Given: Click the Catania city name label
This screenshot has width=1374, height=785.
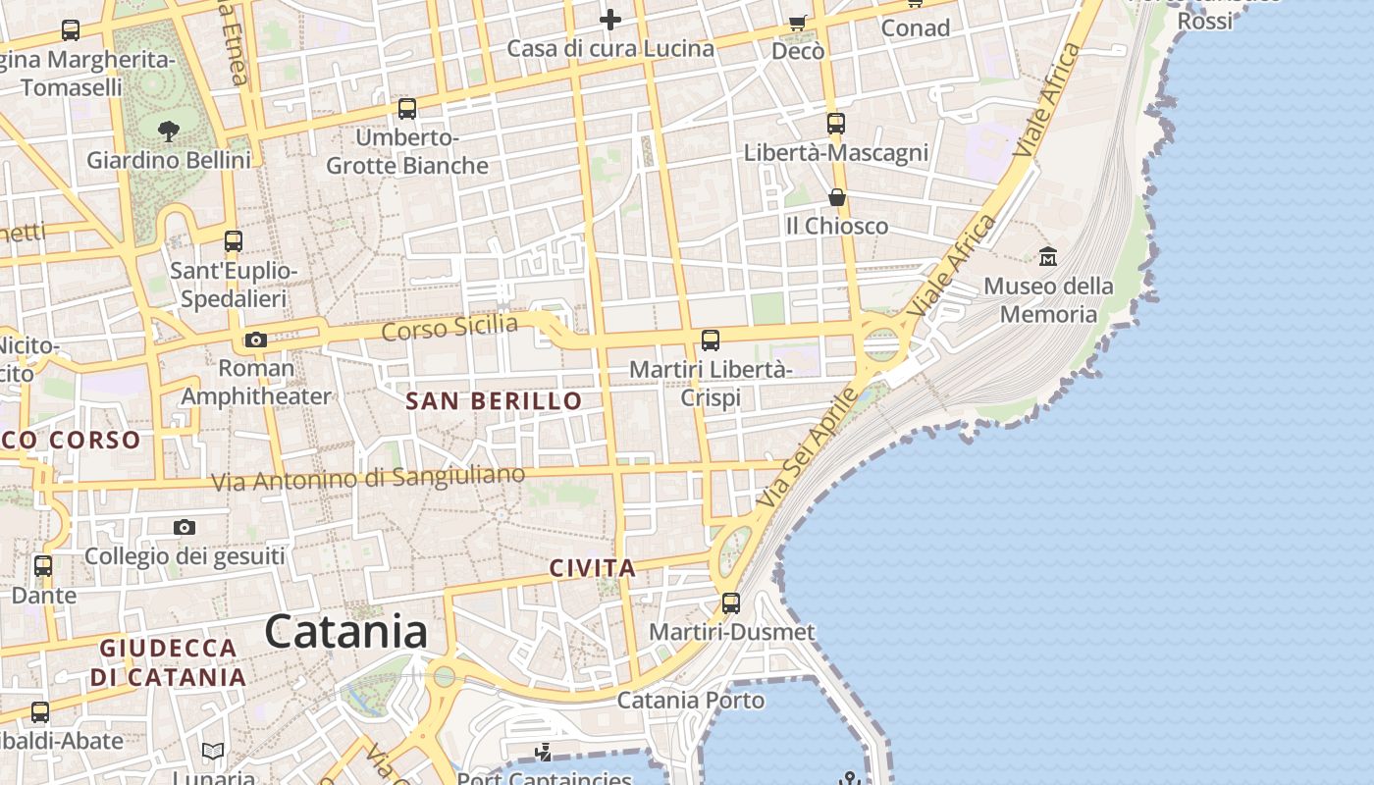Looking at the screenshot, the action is coord(345,631).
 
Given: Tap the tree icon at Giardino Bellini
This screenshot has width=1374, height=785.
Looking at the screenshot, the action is coord(168,131).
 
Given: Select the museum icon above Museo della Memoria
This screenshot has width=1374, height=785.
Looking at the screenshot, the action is coord(1048,257).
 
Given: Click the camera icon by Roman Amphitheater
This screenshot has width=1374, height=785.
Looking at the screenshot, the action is coord(255,340).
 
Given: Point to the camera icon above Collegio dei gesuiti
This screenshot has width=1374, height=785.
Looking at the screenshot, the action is coord(184,528).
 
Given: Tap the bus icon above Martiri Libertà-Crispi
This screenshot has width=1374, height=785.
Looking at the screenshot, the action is coord(710,340).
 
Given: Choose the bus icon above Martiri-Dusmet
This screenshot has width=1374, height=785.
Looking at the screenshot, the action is coord(730,602).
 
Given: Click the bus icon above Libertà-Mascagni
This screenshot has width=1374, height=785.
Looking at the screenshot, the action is coord(835,124).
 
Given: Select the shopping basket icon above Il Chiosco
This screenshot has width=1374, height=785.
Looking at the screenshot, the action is coord(836,198).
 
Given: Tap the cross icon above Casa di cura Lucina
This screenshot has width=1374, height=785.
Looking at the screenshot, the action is coord(610,20).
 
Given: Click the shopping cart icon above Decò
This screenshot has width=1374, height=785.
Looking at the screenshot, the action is coord(798,23).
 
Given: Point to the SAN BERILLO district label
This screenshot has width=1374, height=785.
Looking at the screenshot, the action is coord(494,400).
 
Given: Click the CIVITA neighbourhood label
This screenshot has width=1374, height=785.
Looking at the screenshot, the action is coord(593,567).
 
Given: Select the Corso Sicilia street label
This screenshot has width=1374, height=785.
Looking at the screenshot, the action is coord(449,328).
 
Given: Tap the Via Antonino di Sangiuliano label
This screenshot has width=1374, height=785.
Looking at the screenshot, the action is coord(369,479).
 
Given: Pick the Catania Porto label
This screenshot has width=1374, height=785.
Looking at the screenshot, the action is coord(690,700).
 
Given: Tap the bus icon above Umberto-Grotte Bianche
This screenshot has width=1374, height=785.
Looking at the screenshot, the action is coord(406,109).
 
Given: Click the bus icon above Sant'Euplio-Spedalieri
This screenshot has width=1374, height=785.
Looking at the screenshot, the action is coord(233,241).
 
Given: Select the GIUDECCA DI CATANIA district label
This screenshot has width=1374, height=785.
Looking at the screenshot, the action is coord(169,662).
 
